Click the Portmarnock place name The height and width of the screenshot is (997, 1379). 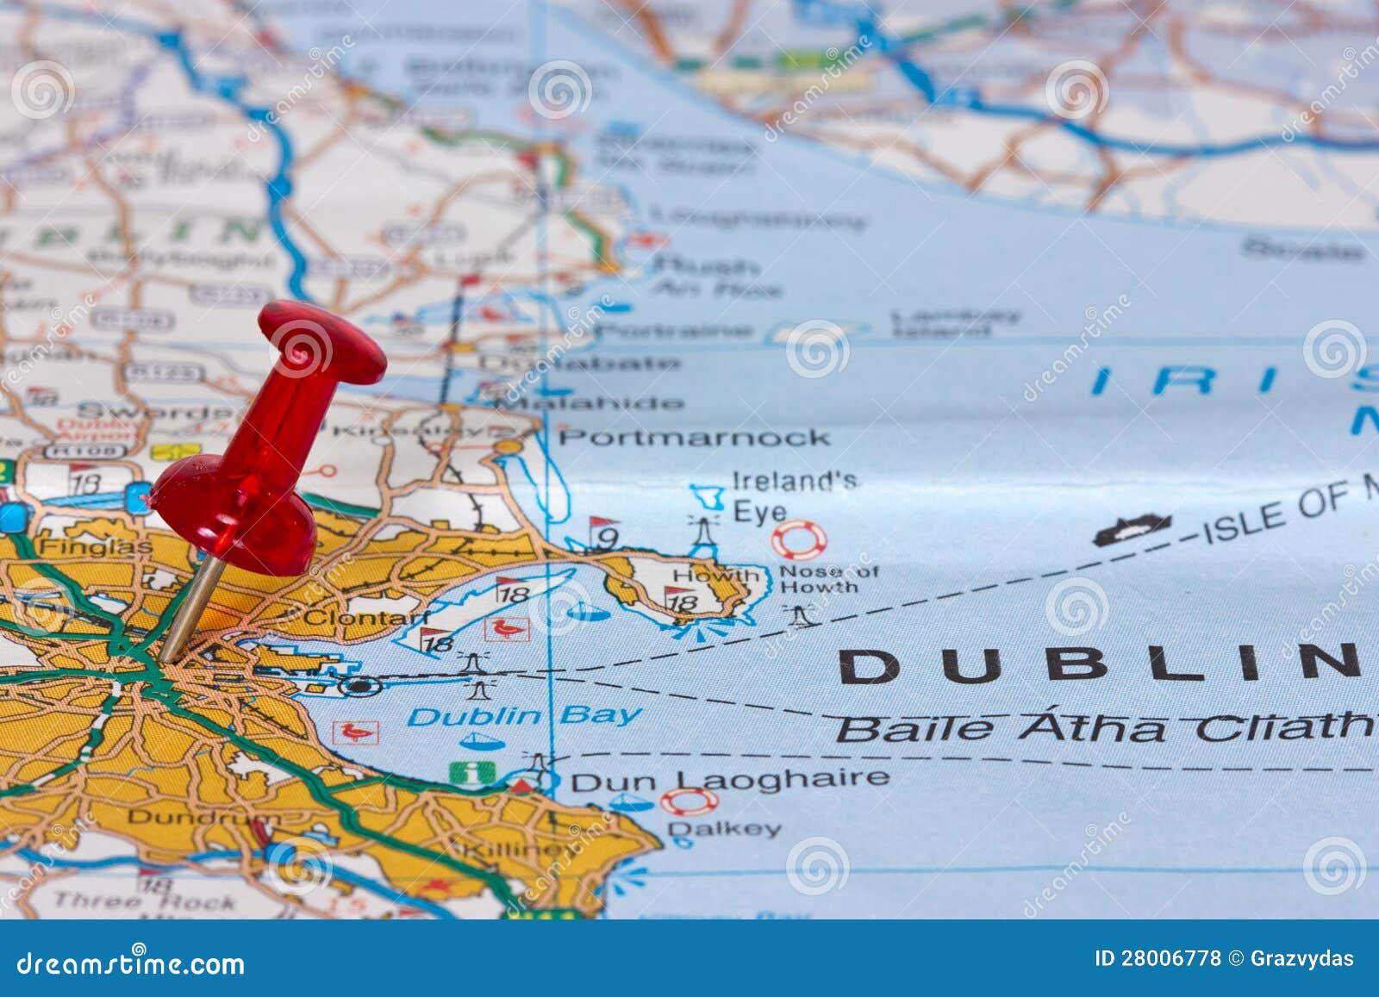pyautogui.click(x=695, y=438)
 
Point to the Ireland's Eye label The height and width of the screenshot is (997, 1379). pyautogui.click(x=793, y=495)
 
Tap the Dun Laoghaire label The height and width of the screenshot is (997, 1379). pyautogui.click(x=729, y=781)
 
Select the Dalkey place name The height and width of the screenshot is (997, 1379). pyautogui.click(x=724, y=829)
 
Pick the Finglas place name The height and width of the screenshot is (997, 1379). pyautogui.click(x=95, y=546)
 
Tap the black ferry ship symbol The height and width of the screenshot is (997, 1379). pyautogui.click(x=1132, y=529)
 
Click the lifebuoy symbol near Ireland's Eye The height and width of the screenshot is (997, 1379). pyautogui.click(x=798, y=540)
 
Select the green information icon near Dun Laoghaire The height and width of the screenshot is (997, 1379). pyautogui.click(x=472, y=773)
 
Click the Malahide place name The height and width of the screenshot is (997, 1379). pyautogui.click(x=595, y=402)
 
